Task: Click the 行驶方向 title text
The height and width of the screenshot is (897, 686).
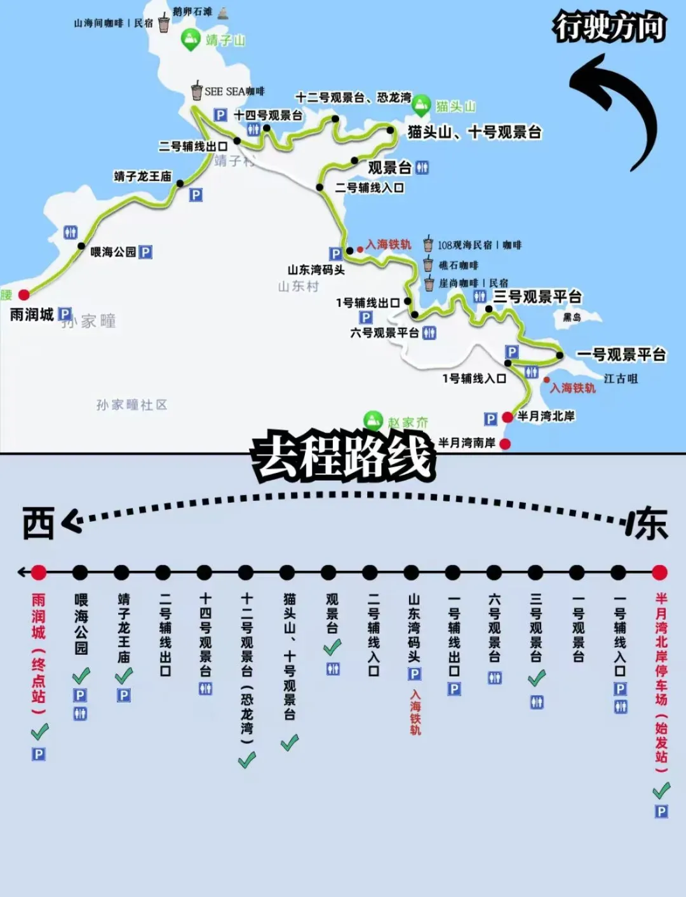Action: click(610, 28)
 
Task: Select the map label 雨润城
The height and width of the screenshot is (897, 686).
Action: click(32, 315)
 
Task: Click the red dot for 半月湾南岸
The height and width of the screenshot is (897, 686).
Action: click(505, 444)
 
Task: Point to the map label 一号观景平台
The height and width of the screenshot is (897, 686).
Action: click(621, 355)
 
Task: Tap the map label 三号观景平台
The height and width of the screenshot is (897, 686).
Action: click(537, 297)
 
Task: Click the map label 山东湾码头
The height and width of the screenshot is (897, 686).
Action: click(316, 270)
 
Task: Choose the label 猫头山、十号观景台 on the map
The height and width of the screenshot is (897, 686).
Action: click(474, 132)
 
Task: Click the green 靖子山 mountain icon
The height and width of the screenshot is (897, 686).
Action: click(190, 39)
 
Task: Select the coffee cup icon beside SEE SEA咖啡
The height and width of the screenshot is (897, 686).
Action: click(197, 91)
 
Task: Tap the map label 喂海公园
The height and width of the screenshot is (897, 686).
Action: click(113, 252)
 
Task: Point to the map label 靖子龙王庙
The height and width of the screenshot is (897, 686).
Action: click(142, 176)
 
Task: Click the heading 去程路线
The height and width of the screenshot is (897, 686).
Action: click(343, 456)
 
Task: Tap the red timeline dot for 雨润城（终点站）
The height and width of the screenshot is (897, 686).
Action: click(39, 573)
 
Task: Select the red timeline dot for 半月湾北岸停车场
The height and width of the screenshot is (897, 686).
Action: click(659, 573)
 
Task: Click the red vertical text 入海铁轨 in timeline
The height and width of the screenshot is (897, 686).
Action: click(415, 713)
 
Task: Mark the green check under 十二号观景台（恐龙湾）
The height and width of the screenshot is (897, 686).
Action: click(246, 759)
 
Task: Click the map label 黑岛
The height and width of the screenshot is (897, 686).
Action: click(572, 317)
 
